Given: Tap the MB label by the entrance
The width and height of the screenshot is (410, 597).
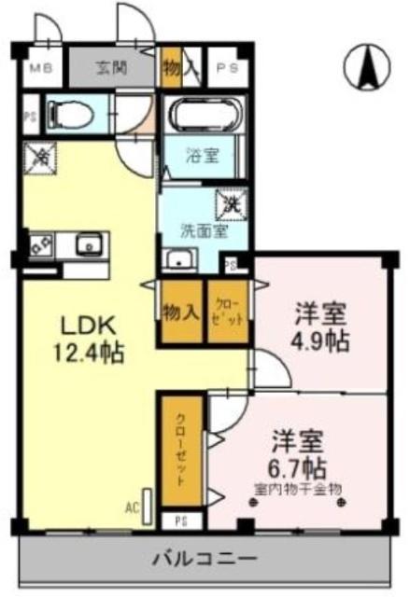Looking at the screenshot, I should coord(39,68).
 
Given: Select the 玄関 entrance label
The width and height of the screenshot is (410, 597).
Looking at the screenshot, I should coord(116,67).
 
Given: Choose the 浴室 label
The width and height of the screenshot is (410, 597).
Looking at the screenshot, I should coord(205,156).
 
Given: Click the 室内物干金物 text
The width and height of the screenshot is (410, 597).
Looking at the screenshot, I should coord(298,488).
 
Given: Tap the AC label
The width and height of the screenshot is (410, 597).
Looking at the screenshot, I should coord(131,508).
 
